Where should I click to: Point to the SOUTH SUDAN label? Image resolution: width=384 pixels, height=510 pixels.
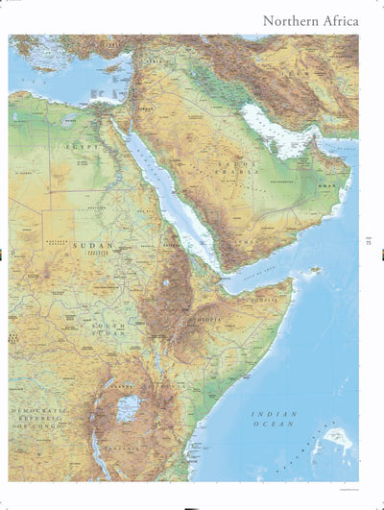point(108,331)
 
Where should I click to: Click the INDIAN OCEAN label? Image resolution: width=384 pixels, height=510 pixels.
point(274,420)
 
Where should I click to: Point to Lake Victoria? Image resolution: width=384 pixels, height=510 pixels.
point(128,408)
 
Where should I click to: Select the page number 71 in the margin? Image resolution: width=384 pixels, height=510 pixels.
point(369,241)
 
